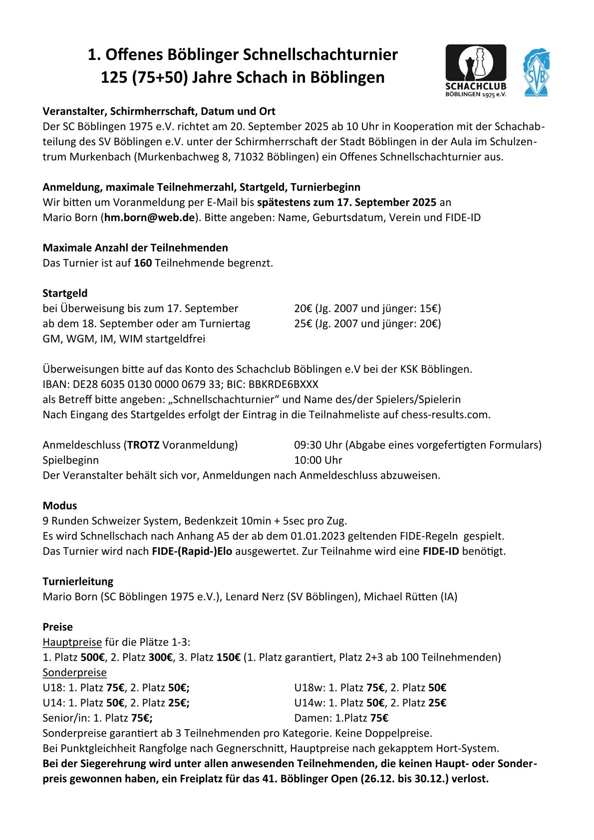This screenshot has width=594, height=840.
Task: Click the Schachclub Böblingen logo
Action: pos(475,70)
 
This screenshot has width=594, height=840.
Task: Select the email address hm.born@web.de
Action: pos(149,218)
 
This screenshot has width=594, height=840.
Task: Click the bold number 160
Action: pos(143,263)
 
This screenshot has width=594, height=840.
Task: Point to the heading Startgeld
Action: pos(65,293)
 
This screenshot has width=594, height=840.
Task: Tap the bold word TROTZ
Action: pos(143,445)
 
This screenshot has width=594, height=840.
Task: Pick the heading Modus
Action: pos(59,506)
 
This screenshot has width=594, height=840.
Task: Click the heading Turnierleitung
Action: pos(78,581)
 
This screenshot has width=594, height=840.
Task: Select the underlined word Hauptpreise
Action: pos(72,642)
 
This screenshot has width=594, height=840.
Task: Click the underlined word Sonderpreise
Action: pos(74,672)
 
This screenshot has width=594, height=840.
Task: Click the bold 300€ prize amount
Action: pos(160,657)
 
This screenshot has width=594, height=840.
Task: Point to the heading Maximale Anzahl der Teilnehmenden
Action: pos(135,248)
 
